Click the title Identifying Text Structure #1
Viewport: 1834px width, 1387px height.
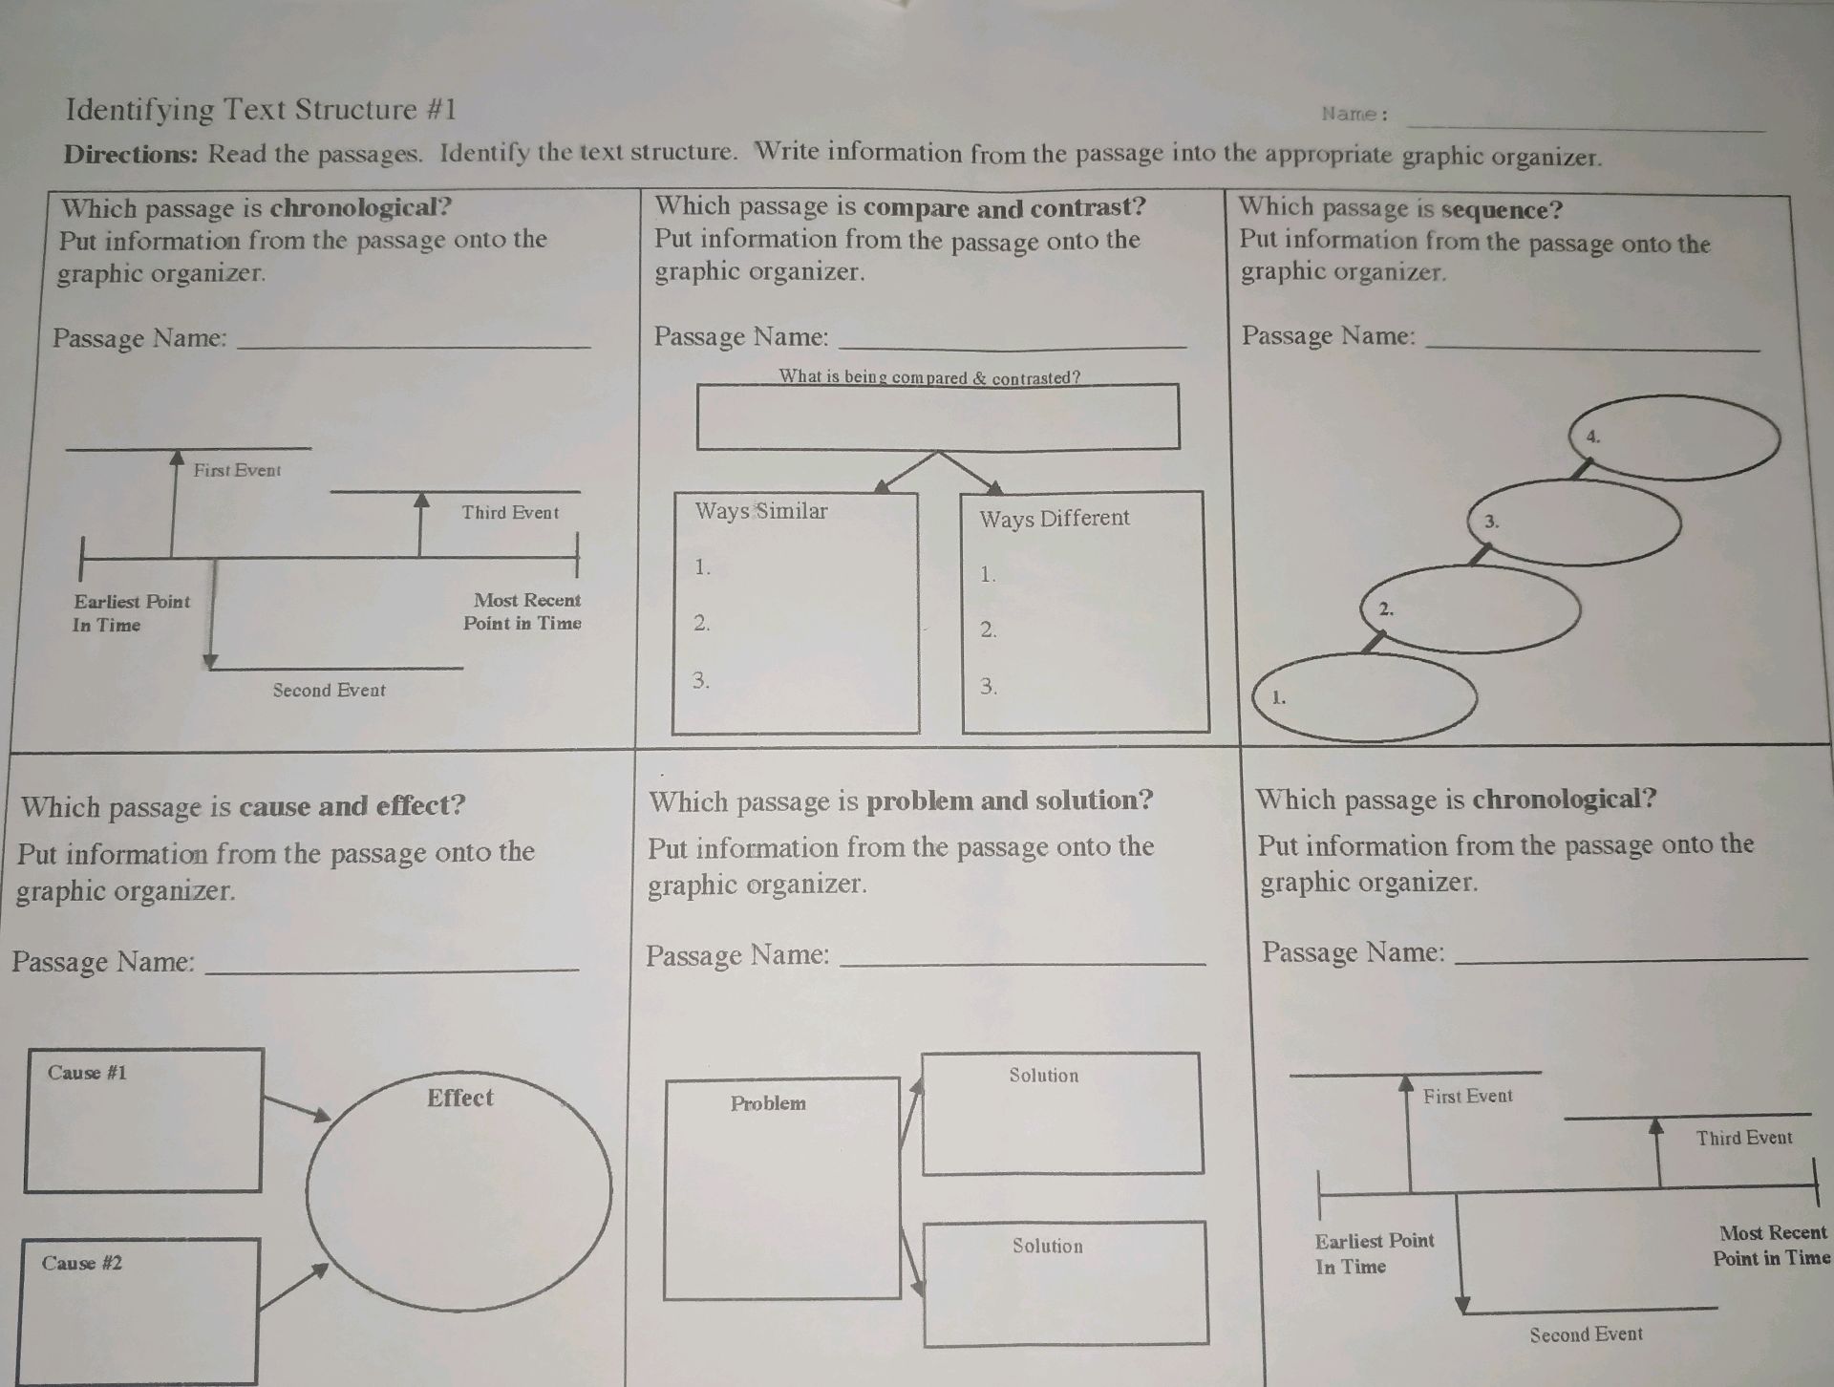[261, 110]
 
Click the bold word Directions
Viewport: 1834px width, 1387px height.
[130, 154]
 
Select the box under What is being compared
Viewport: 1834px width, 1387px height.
[937, 417]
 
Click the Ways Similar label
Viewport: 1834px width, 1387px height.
[760, 511]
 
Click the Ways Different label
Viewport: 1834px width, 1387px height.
[1054, 519]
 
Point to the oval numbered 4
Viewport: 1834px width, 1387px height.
[1686, 438]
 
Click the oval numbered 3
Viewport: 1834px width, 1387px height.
[1573, 523]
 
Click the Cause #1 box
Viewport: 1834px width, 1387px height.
[143, 1120]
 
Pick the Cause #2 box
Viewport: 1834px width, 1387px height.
[138, 1311]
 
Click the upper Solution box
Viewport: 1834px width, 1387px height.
[1062, 1114]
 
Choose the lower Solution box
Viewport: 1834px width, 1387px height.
[1065, 1284]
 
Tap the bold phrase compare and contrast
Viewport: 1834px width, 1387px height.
[1004, 207]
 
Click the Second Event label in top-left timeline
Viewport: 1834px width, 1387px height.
[329, 690]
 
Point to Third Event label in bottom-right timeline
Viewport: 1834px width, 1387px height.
[1743, 1138]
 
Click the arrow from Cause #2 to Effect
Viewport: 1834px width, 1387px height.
[293, 1288]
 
